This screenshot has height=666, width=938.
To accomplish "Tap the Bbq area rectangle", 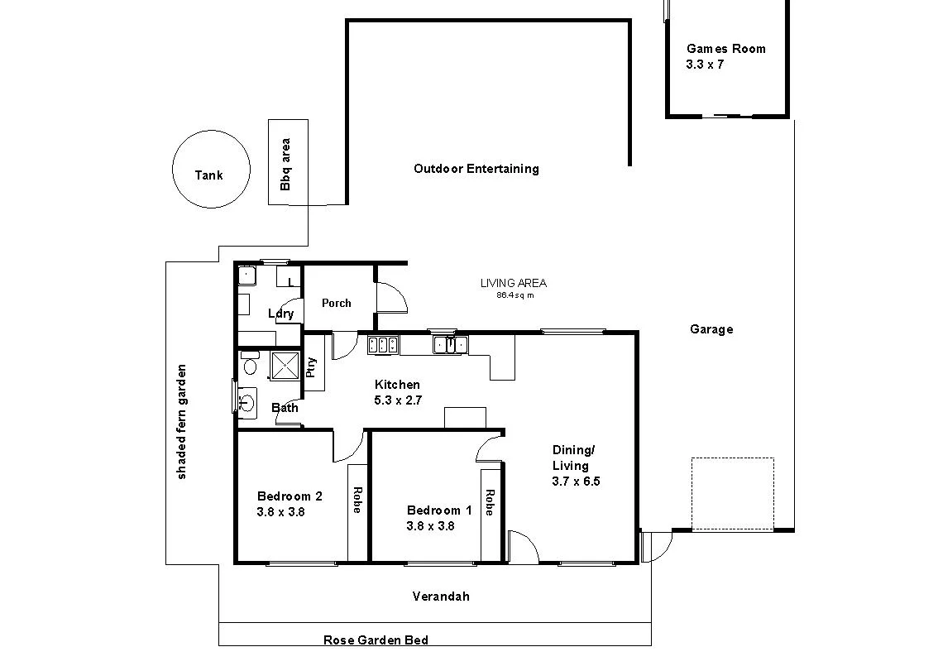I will tap(288, 162).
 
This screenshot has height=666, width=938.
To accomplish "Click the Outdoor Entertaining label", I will tap(476, 169).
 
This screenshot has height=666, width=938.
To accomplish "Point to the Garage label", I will tap(711, 329).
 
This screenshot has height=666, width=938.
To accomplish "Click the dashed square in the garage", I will tap(732, 494).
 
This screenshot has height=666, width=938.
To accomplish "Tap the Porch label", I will tap(336, 303).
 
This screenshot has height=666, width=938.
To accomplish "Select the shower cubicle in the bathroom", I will tap(285, 365).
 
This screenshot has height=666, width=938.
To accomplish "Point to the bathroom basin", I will tap(246, 403).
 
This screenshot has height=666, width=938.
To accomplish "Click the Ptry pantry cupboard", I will tap(313, 366).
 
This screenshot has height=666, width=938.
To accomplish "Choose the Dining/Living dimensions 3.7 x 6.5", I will tap(576, 481).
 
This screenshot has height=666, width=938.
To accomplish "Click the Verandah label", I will tap(441, 596).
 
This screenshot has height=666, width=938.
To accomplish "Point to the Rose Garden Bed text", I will tap(376, 640).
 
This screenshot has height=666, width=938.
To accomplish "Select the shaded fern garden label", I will tap(182, 421).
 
